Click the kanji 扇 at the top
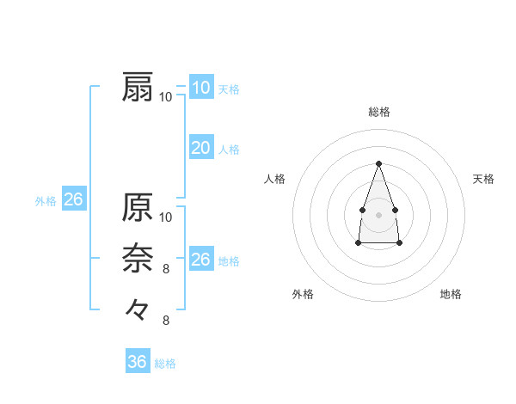click(138, 88)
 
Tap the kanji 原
click(138, 207)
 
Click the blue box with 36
click(138, 362)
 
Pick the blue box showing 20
click(201, 148)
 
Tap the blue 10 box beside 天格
click(201, 87)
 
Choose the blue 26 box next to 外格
click(73, 199)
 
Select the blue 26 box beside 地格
click(201, 260)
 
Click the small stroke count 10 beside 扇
click(166, 96)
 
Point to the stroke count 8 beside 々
click(166, 321)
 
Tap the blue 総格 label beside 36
click(165, 364)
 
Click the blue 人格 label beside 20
click(229, 150)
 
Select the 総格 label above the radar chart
click(379, 112)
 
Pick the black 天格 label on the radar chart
click(483, 179)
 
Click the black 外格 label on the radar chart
click(303, 294)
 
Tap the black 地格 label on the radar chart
click(451, 294)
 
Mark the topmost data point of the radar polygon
click(378, 163)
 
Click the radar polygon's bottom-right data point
click(400, 243)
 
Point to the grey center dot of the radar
click(378, 213)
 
